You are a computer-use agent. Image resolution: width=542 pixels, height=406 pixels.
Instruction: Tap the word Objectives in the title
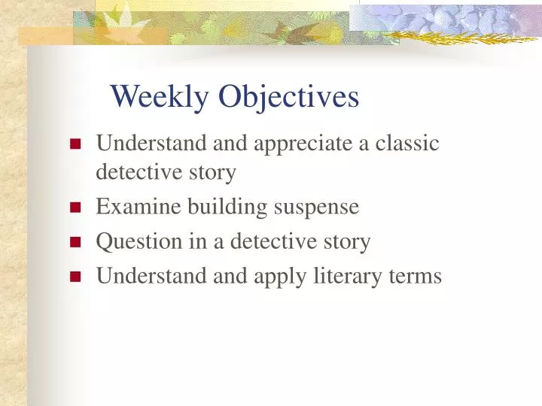tap(289, 97)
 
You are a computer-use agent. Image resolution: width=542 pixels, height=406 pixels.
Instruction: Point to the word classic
tap(406, 143)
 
